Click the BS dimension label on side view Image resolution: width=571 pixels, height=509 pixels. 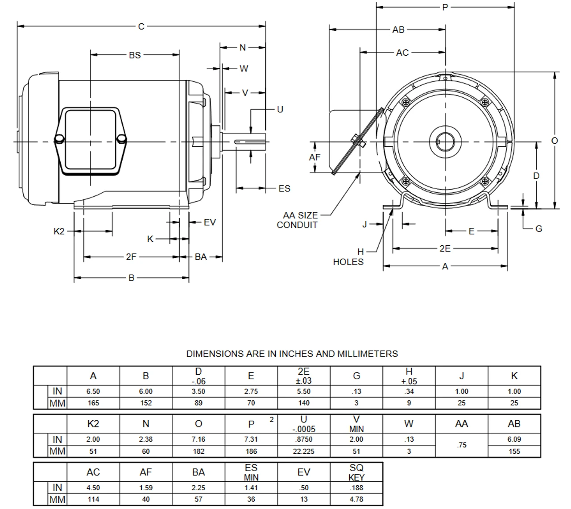pos(135,55)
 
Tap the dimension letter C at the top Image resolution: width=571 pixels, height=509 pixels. pos(141,27)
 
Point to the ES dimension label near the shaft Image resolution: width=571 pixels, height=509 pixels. pos(284,189)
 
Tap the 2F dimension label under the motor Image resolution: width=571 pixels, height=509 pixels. pos(131,257)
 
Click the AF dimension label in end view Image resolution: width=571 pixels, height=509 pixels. pos(314,157)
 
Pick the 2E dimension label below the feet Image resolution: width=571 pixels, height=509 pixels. pos(445,248)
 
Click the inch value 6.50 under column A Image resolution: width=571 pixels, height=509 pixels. pos(93,392)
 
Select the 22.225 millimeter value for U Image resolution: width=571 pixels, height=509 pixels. pos(303,451)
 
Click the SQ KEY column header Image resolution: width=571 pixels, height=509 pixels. pos(356,472)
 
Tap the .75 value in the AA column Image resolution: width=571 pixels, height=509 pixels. pos(461,445)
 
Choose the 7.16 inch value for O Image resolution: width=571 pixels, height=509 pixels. pos(199,439)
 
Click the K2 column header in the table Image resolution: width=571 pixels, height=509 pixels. pos(93,424)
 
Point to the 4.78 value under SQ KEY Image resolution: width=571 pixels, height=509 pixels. pos(356,500)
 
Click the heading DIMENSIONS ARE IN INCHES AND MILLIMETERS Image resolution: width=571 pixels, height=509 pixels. pos(292,354)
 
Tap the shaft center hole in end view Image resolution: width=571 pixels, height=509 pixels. pos(445,142)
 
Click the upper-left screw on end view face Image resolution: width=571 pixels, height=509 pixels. pos(405,103)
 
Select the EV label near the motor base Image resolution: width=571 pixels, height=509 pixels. pos(210,222)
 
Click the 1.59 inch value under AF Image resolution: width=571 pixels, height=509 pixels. pos(145,488)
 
